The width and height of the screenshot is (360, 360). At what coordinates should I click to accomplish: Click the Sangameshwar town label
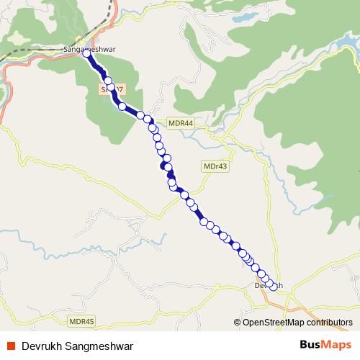pos(90,49)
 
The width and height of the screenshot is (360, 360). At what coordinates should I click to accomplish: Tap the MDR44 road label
pos(181,123)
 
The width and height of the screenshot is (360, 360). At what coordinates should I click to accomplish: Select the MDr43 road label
pos(216,166)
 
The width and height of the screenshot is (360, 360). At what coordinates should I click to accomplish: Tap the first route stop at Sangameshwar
pos(86,53)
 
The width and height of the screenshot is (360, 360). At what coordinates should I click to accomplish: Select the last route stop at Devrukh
pos(273,287)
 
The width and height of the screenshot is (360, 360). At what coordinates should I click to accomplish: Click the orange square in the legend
pos(12,345)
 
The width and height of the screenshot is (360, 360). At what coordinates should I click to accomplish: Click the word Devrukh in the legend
pos(40,345)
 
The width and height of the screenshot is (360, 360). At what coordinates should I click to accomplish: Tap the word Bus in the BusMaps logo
pos(292,345)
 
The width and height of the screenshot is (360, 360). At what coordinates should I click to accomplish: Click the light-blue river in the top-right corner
pos(338,43)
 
